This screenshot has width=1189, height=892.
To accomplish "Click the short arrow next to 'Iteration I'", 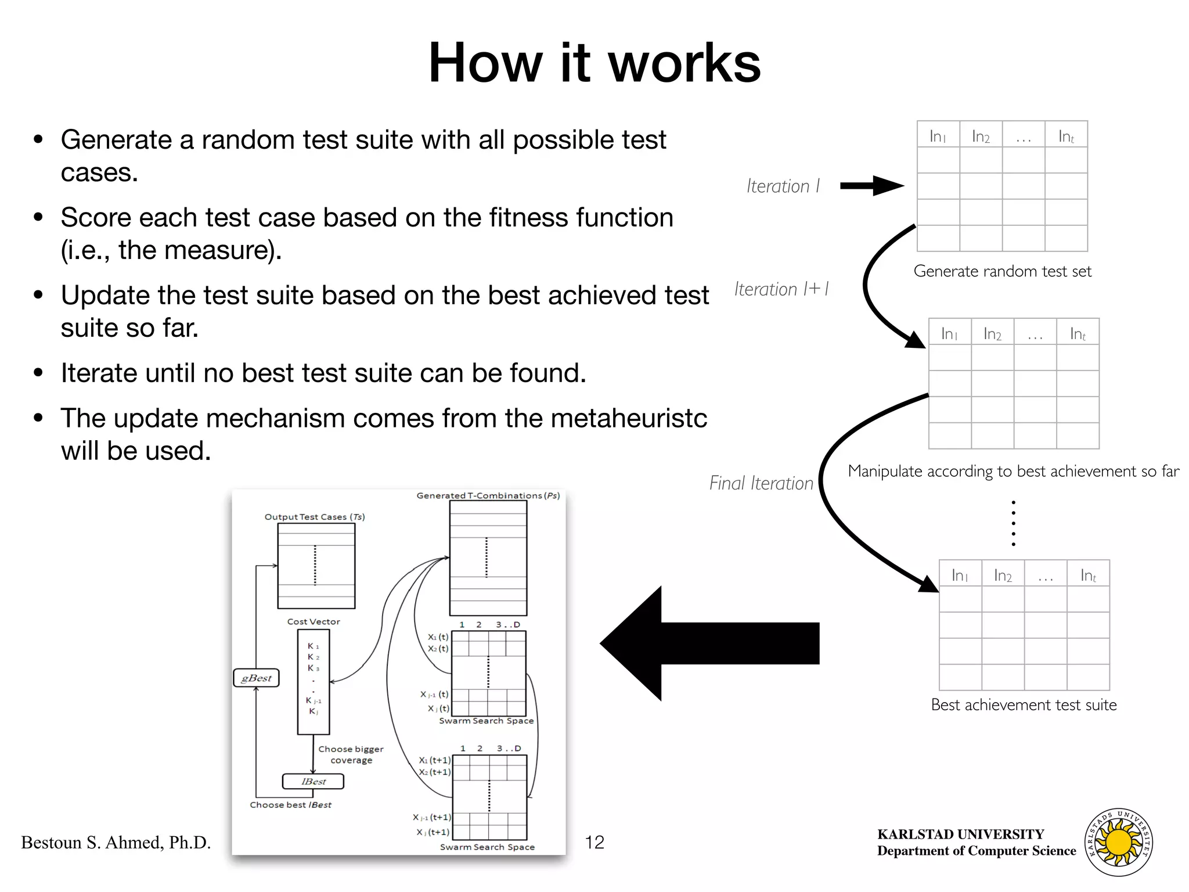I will (871, 186).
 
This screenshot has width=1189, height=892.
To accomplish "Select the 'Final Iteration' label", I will (761, 483).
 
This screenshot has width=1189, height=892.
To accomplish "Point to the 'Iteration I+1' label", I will (781, 289).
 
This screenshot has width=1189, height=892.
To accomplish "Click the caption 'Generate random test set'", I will (1002, 271).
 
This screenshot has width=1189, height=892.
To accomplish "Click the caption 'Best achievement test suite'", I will (1024, 705).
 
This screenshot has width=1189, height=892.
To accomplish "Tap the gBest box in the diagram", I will (256, 678).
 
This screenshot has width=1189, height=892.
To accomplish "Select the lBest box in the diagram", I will (313, 782).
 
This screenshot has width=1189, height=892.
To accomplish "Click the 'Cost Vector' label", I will (314, 621).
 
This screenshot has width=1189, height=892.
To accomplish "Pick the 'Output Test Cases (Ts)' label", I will (315, 517).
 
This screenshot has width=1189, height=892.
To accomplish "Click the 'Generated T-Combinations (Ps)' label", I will (488, 495).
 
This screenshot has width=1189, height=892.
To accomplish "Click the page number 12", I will (594, 843).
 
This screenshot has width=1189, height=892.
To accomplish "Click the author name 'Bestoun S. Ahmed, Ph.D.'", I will (116, 843).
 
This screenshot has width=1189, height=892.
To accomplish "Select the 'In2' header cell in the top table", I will (981, 136).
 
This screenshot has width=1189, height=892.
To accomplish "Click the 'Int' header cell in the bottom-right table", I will (1088, 576).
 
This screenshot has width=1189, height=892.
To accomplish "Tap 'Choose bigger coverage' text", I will (351, 754).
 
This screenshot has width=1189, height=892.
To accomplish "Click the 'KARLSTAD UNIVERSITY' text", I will (960, 835).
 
